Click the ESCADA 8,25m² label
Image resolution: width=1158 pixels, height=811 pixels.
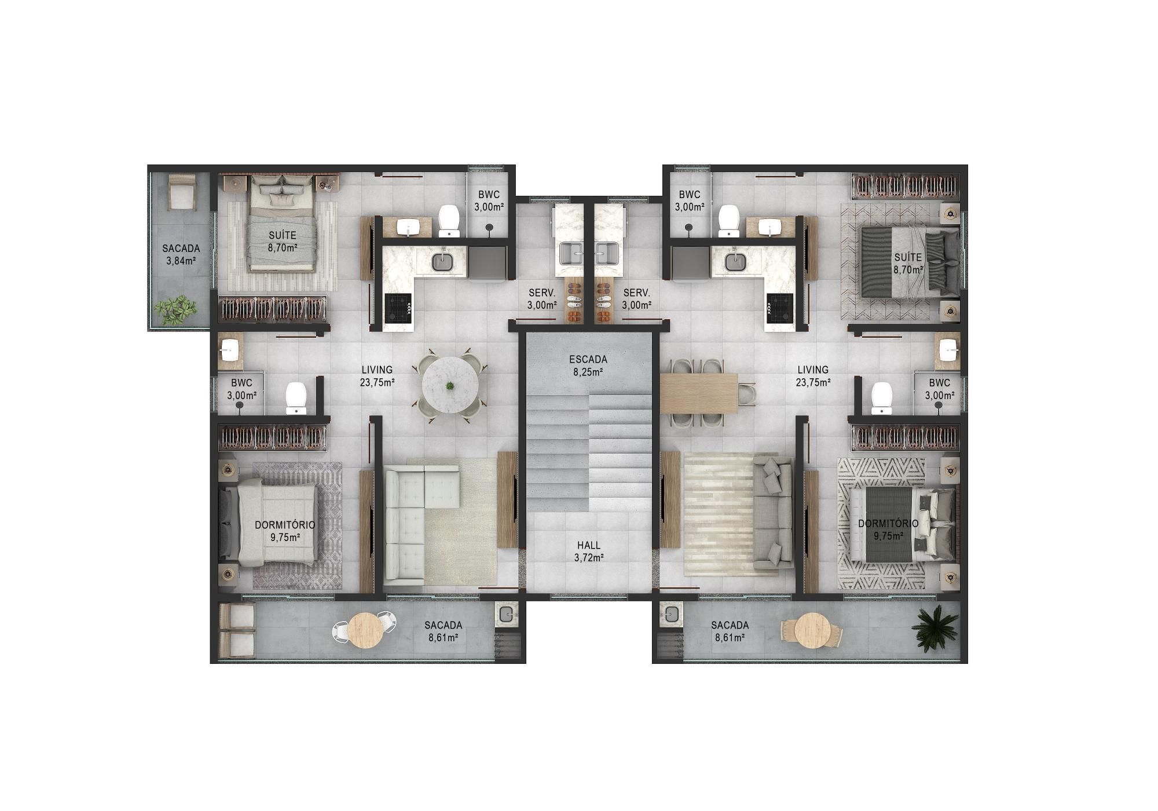tap(588, 366)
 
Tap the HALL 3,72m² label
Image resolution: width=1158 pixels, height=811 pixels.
tap(589, 551)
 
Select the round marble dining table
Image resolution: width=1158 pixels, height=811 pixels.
tap(450, 385)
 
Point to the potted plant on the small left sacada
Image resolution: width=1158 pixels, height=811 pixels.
tap(174, 310)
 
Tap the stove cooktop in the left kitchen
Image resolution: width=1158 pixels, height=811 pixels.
tap(398, 308)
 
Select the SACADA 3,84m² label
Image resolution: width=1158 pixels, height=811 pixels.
tap(181, 254)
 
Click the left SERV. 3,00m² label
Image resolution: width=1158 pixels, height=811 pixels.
tap(542, 299)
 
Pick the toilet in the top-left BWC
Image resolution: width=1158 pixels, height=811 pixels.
tap(449, 221)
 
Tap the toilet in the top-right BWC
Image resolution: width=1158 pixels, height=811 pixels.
tap(728, 222)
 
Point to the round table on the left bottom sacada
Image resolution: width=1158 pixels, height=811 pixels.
tap(366, 631)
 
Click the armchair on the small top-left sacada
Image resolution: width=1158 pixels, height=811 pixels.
tap(181, 192)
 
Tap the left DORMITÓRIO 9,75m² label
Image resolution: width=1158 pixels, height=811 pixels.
tap(285, 531)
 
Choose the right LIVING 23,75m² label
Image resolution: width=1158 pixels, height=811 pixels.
tap(813, 375)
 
